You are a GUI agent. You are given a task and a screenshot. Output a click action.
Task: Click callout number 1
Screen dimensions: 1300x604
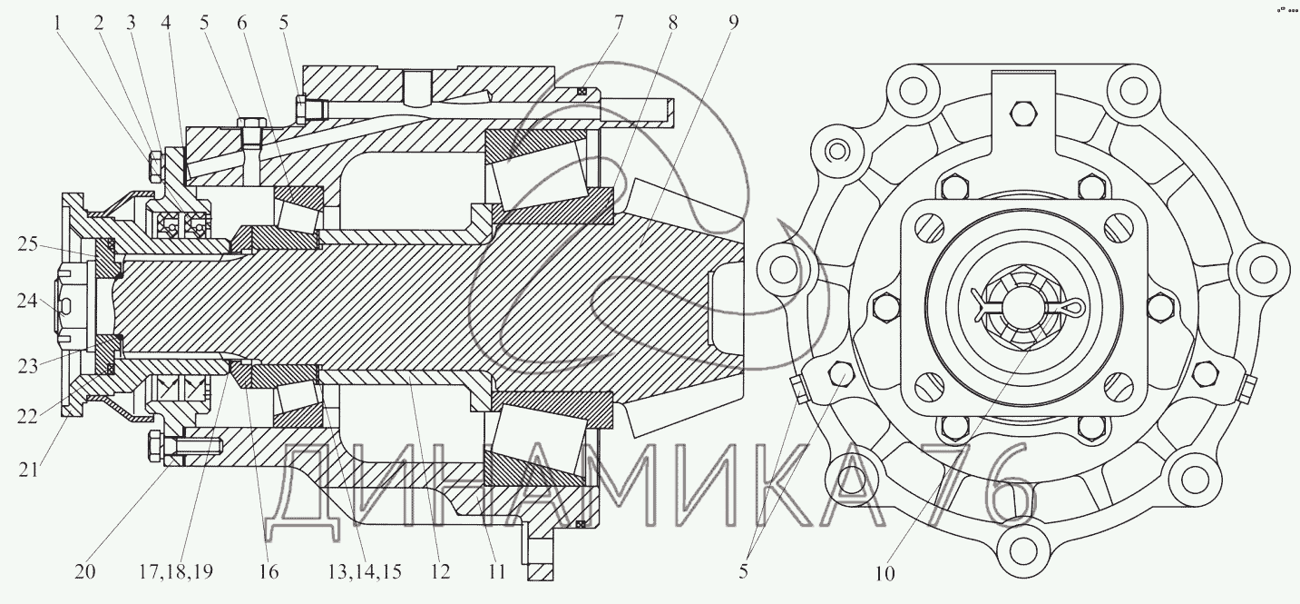point(57,24)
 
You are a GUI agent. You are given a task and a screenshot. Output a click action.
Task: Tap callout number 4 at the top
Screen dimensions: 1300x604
point(167,24)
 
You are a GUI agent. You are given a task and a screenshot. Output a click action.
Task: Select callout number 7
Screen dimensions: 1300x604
point(619,24)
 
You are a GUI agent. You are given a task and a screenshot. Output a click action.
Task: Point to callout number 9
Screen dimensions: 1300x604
point(733,24)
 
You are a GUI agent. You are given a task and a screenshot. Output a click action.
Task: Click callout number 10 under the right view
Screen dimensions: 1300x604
point(885,574)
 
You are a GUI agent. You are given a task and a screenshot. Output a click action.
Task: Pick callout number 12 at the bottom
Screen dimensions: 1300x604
point(441,572)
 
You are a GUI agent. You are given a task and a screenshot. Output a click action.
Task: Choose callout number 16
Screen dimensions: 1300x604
point(269,572)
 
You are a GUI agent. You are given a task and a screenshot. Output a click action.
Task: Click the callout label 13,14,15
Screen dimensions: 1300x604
point(365,572)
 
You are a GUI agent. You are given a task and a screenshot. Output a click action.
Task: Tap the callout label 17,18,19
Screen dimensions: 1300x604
point(176,572)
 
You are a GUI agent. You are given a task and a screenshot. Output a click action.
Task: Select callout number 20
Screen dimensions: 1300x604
point(84,572)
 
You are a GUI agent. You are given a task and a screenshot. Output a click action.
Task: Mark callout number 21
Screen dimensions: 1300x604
point(28,470)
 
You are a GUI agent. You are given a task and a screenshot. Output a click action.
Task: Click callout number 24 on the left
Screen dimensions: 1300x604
point(27,302)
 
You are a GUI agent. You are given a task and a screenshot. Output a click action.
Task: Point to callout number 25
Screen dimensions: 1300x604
point(27,244)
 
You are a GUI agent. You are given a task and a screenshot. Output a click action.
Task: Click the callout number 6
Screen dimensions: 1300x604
point(241,24)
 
